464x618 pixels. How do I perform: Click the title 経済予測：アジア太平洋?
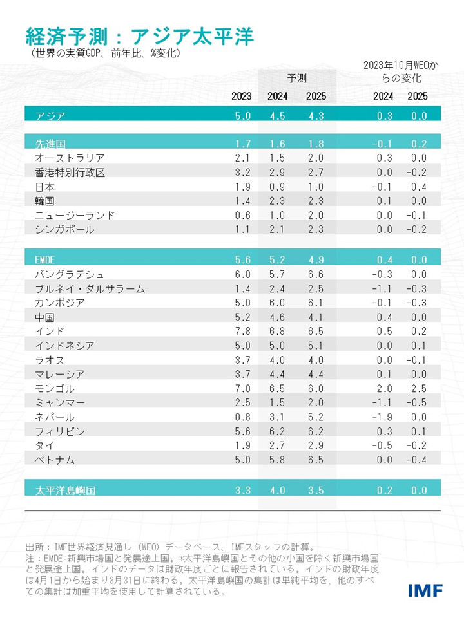pos(139,35)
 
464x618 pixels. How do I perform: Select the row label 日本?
pos(44,186)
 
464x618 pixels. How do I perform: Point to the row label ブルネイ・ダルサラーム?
pos(89,288)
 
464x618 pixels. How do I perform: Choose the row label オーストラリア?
pos(69,158)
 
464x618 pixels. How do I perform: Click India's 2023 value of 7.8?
pos(242,331)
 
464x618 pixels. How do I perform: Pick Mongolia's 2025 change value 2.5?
pos(417,388)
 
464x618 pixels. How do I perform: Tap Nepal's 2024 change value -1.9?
pos(382,417)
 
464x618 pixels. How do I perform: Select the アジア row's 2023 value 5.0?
pos(242,116)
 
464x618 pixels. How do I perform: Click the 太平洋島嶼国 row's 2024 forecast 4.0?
pos(277,491)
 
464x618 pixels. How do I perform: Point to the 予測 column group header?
pos(296,79)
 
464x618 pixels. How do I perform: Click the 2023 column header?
pos(242,97)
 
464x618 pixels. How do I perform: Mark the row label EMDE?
pos(47,260)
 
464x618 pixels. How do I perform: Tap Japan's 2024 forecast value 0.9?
pos(277,186)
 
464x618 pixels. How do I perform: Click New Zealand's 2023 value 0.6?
pos(242,215)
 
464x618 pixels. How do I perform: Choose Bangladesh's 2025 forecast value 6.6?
pos(316,274)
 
